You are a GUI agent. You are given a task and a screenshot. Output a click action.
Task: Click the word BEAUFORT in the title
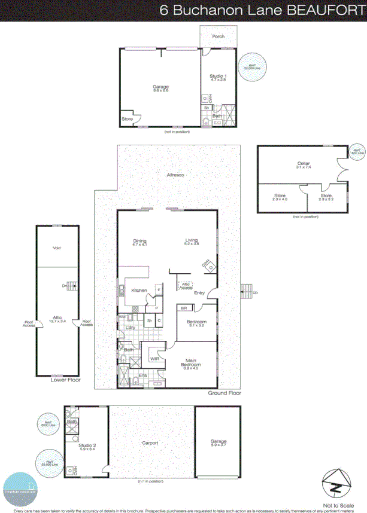(x=323, y=10)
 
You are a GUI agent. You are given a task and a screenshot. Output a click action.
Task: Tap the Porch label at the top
(x=219, y=36)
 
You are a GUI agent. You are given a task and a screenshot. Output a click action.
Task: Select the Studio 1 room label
(x=217, y=77)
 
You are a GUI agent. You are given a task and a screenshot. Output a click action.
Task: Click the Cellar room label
(x=303, y=163)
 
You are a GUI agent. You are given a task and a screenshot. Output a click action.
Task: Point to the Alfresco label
(x=175, y=175)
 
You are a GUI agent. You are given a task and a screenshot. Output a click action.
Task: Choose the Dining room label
(x=139, y=242)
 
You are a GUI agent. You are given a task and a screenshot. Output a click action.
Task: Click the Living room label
(x=192, y=242)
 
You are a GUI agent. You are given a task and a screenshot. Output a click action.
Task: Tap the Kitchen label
(x=139, y=291)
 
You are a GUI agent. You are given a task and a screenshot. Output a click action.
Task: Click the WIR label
(x=154, y=358)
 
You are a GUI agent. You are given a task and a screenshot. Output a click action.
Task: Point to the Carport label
(x=150, y=443)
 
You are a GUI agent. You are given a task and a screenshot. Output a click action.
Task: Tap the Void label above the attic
(x=57, y=248)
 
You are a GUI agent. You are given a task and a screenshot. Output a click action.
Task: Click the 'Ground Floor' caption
(x=225, y=393)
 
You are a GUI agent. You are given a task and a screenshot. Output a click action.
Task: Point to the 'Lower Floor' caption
(x=66, y=380)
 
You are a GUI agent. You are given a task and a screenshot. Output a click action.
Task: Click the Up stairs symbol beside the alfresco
(x=247, y=292)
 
